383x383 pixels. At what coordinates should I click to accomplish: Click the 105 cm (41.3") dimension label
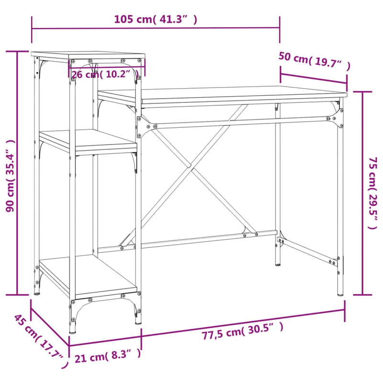point(156,20)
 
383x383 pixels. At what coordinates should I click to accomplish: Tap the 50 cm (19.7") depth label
point(315,61)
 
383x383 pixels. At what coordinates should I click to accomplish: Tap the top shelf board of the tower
point(89,55)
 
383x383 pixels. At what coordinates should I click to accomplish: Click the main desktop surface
point(220,93)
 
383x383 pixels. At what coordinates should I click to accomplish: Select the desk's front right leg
point(340,201)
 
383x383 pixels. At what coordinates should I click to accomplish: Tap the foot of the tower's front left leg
point(72,330)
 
